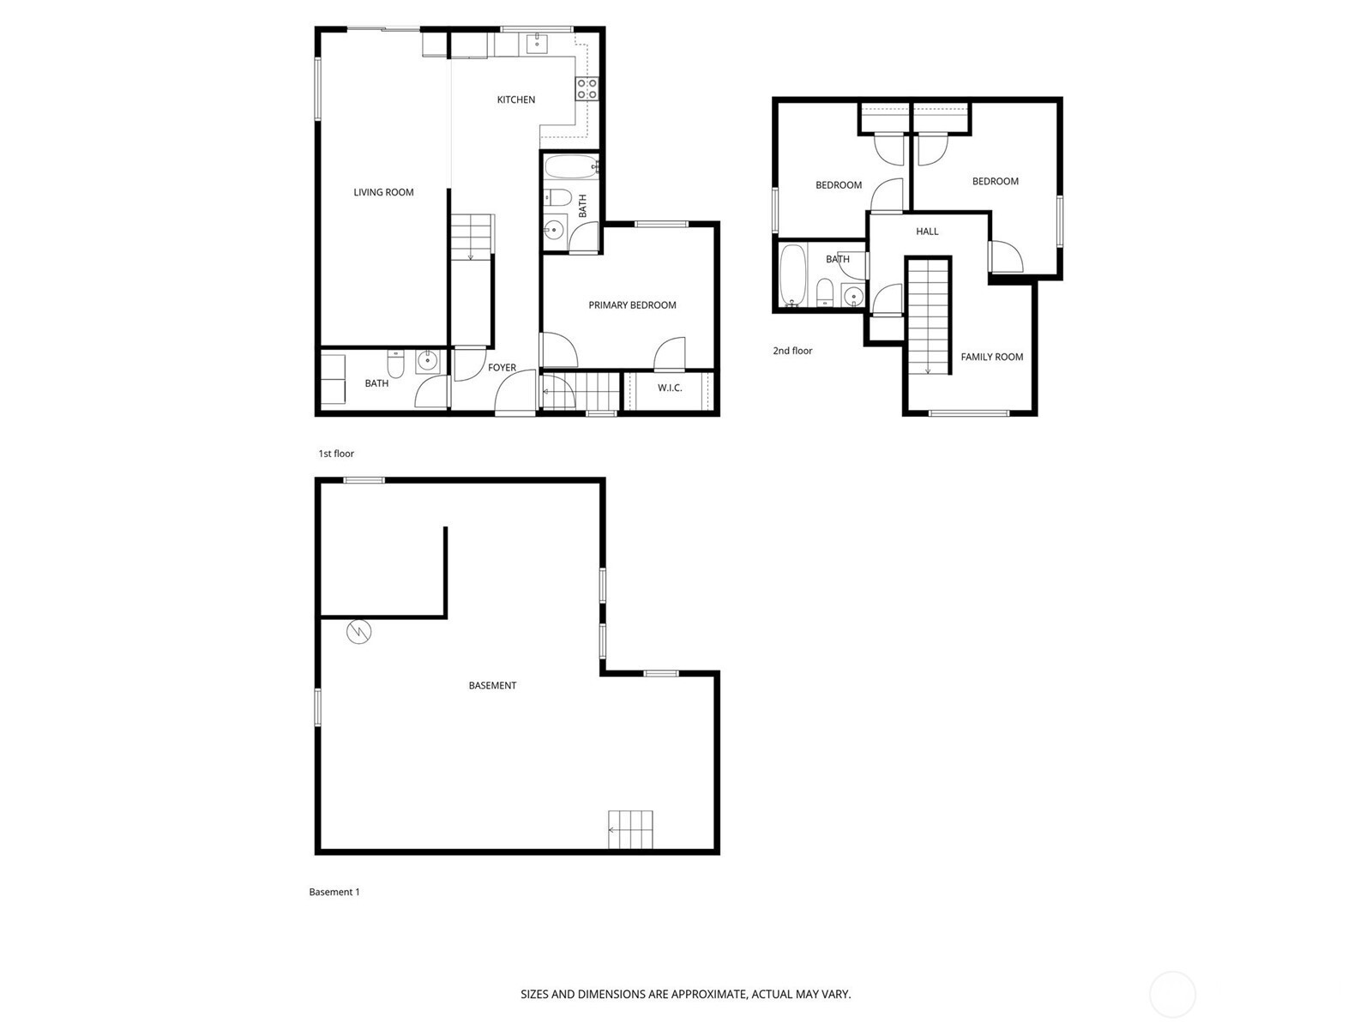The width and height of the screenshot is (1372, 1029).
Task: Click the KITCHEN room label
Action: (x=515, y=99)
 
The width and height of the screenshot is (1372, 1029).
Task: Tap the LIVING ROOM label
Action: (x=383, y=192)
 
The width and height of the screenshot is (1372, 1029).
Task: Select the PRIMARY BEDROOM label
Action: (x=632, y=305)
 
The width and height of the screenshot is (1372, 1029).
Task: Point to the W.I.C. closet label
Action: (x=670, y=388)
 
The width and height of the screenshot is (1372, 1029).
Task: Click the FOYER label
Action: (x=502, y=367)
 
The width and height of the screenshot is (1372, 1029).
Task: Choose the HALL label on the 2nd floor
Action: (x=927, y=232)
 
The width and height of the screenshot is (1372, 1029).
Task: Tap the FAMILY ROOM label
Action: (x=992, y=357)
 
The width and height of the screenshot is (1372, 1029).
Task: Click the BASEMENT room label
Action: (x=492, y=685)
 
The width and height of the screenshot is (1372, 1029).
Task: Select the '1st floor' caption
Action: (x=336, y=454)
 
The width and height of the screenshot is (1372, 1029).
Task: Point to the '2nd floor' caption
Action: (x=792, y=351)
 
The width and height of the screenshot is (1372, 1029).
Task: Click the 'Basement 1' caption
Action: (x=334, y=892)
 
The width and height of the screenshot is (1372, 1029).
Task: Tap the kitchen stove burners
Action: (x=587, y=88)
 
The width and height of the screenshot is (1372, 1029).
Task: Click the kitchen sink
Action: (x=537, y=45)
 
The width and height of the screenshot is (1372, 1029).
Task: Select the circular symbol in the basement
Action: (x=358, y=631)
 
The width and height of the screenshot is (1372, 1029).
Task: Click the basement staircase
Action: (x=630, y=830)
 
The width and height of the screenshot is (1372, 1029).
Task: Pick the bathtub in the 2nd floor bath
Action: (x=793, y=275)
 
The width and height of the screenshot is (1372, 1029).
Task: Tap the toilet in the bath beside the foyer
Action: (x=395, y=364)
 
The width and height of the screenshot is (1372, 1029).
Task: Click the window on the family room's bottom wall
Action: (x=969, y=413)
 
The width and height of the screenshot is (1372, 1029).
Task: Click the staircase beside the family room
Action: (x=928, y=316)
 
